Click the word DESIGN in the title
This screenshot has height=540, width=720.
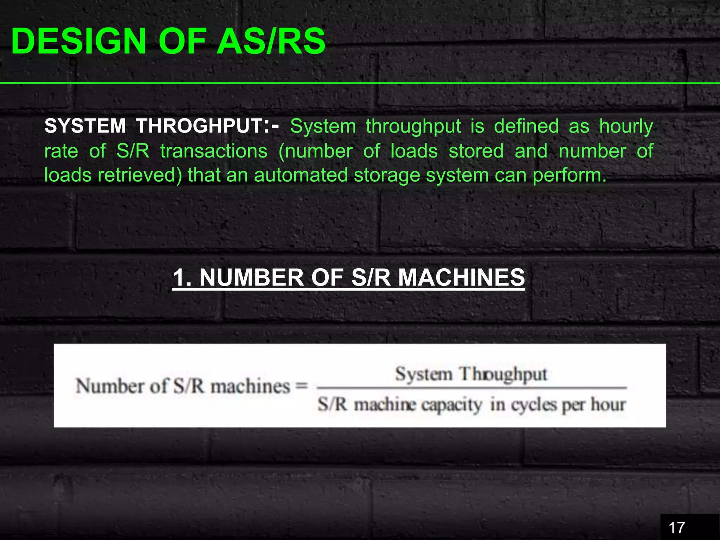point(78,41)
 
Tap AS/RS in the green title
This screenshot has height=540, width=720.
point(271,41)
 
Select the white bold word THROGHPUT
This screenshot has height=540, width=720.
point(199,126)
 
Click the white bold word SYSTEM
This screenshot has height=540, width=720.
point(85,126)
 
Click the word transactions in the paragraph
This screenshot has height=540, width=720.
point(214,151)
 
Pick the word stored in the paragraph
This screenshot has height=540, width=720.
point(476,151)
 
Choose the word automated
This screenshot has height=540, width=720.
point(301,175)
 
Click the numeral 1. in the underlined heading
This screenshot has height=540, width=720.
point(182,278)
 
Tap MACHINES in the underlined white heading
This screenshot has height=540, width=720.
point(461,278)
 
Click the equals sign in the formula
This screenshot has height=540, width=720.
point(302,386)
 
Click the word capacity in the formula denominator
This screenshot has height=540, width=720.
point(451,405)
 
